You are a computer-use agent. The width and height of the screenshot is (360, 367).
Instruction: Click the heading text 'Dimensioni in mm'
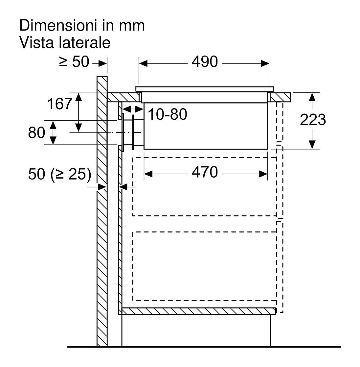(x=82, y=26)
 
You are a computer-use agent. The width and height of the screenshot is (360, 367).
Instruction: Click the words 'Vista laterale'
(x=65, y=43)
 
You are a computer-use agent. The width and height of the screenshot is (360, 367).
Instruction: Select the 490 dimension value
(x=205, y=62)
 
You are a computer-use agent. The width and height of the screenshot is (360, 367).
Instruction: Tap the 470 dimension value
(x=205, y=172)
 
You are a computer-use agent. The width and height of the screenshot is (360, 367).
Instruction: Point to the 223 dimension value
(x=313, y=120)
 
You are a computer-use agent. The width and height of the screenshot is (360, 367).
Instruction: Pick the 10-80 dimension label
(x=168, y=114)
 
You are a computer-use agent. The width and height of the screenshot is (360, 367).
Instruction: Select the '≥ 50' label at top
(x=74, y=62)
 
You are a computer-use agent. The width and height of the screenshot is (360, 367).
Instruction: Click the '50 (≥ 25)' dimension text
(x=59, y=174)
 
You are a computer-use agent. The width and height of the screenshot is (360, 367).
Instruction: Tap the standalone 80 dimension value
(x=36, y=133)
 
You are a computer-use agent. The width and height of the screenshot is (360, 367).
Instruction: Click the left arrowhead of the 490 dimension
(x=143, y=63)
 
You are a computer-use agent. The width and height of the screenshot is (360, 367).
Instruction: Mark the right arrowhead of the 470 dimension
(x=263, y=174)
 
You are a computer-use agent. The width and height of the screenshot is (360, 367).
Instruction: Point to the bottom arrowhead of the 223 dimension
(x=312, y=144)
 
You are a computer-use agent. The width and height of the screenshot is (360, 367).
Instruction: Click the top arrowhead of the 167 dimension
(x=79, y=97)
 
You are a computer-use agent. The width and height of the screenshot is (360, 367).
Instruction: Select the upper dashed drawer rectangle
(x=205, y=186)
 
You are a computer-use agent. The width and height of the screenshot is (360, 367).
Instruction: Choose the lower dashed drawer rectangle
(x=205, y=266)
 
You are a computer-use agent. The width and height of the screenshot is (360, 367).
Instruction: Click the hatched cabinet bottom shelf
(x=197, y=311)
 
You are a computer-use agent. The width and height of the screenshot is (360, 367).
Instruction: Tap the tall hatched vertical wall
(x=102, y=211)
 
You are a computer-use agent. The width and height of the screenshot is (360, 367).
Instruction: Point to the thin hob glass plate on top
(x=205, y=89)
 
